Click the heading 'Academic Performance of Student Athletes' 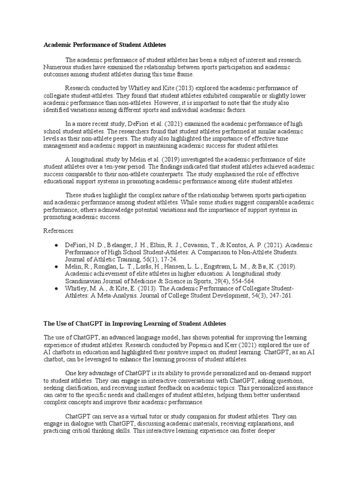click(105, 45)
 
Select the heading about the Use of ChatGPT click(135, 323)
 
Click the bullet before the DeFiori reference click(56, 245)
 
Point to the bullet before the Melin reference click(56, 266)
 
